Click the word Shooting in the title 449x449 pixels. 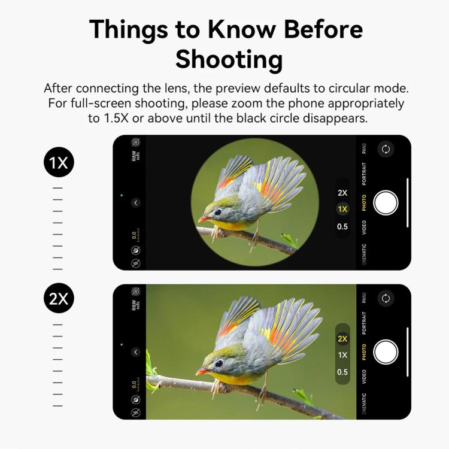coord(229,60)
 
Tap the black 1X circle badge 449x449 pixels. coord(59,162)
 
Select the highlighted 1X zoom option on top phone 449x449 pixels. coord(342,209)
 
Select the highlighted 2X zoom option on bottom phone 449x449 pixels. coord(342,338)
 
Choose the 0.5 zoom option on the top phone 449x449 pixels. coord(342,226)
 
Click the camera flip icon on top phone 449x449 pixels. coord(386,150)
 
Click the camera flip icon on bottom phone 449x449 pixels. coord(386,298)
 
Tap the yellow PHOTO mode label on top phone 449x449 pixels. coord(364,204)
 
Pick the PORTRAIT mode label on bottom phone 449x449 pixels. coord(364,324)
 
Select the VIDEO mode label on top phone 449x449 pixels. coord(364,227)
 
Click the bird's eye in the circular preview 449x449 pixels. coord(217,212)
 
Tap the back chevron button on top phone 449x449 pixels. coord(136,203)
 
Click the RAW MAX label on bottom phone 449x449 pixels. coord(136,305)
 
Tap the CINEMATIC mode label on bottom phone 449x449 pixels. coord(364,404)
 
